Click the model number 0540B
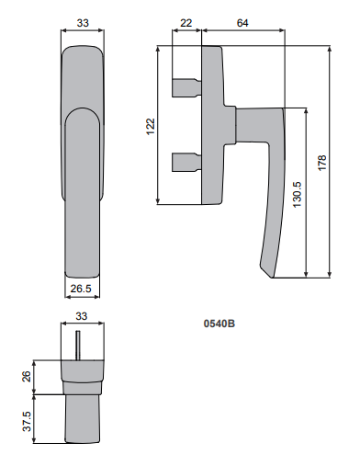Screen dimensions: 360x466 [x=219, y=324]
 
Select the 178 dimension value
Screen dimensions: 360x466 [x=322, y=163]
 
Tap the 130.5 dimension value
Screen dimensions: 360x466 [x=297, y=195]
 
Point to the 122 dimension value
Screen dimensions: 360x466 [x=151, y=127]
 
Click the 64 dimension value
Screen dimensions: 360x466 [x=242, y=23]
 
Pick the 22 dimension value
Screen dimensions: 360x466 [x=186, y=23]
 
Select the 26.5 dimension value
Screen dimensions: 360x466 [x=81, y=289]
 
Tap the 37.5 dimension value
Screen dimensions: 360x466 [x=27, y=421]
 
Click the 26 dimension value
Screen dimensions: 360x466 [x=27, y=377]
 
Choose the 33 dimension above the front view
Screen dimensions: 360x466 [x=83, y=23]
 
